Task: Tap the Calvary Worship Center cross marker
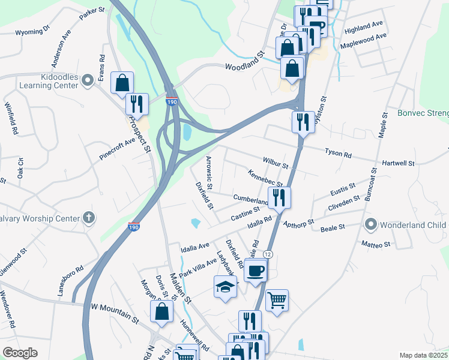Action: pos(89,218)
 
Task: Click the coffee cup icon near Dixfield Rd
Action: pos(255,270)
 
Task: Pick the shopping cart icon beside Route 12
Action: pos(276,300)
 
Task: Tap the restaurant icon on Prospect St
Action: pos(137,104)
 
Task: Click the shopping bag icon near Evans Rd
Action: pos(122,83)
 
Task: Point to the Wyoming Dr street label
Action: pos(32,32)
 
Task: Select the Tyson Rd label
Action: pos(338,154)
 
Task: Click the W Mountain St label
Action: pos(115,307)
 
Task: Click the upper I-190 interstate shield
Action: pos(172,103)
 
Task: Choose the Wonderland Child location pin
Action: pos(371,225)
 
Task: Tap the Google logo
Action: pos(20,353)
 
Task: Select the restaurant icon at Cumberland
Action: pos(279,196)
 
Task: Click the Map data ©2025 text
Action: pos(423,355)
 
